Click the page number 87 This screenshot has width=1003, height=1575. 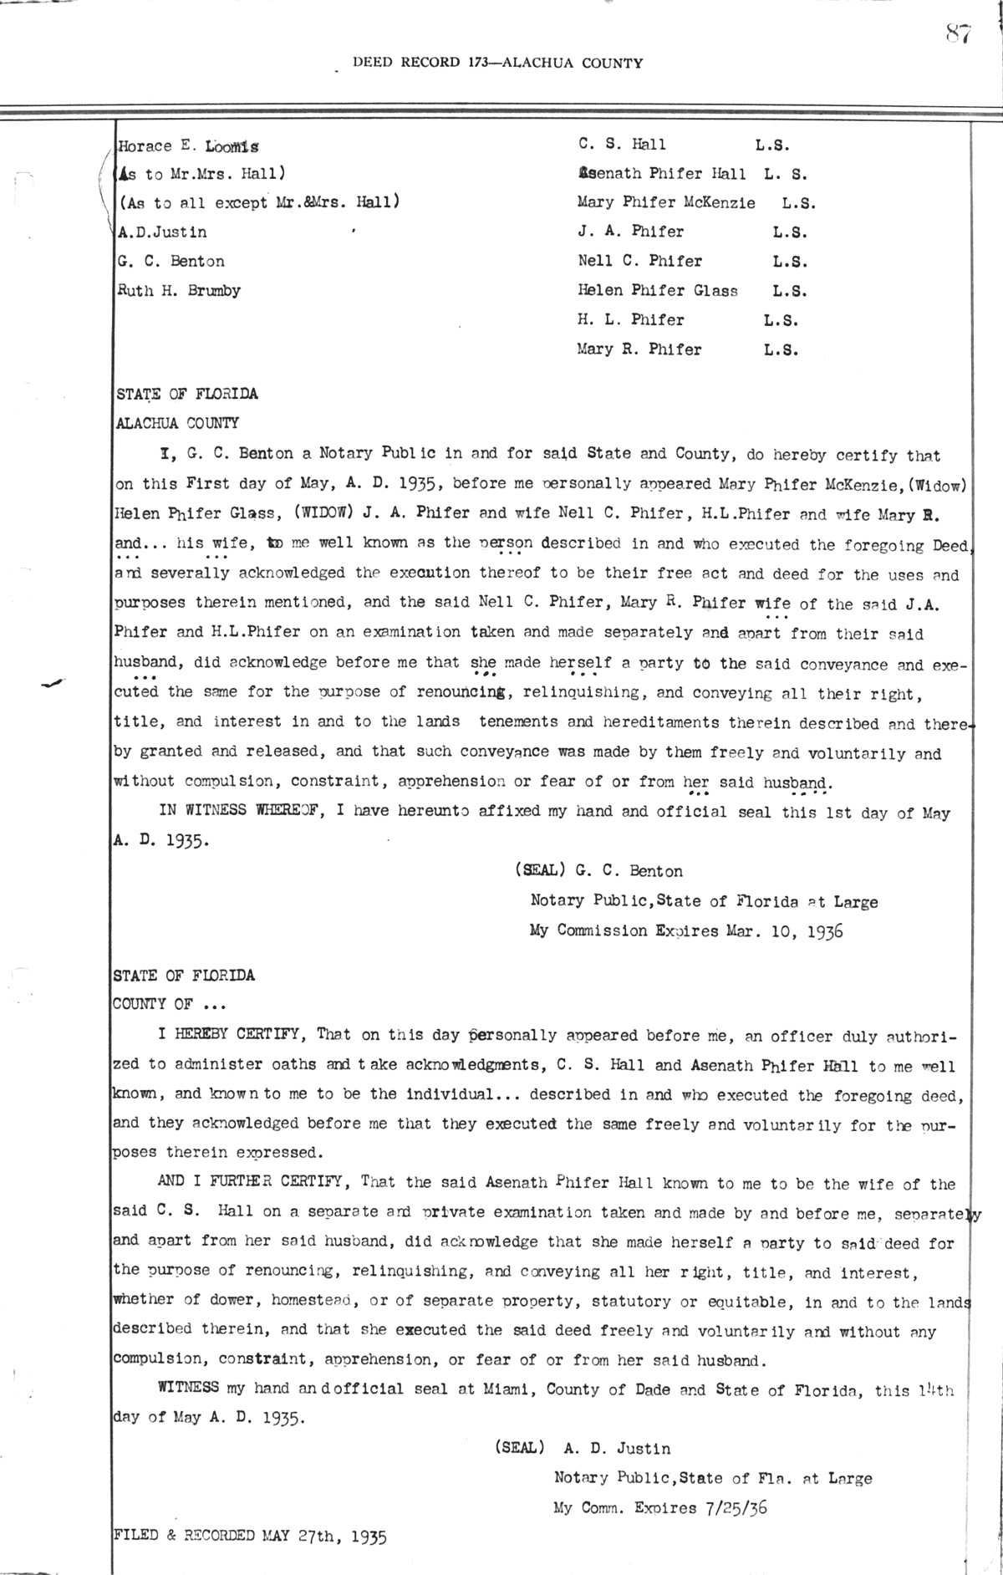[958, 33]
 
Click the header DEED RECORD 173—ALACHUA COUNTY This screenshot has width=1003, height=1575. [498, 63]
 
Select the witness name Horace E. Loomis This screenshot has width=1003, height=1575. [189, 145]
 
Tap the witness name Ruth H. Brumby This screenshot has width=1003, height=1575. [180, 291]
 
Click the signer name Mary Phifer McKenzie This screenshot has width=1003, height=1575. [666, 202]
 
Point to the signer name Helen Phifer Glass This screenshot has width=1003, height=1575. [658, 291]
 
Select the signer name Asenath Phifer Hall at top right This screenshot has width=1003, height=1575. [661, 174]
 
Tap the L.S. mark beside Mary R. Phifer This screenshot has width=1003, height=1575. [781, 349]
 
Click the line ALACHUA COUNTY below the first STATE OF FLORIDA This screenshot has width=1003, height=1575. [176, 423]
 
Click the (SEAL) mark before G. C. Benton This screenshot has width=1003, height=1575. [542, 871]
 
